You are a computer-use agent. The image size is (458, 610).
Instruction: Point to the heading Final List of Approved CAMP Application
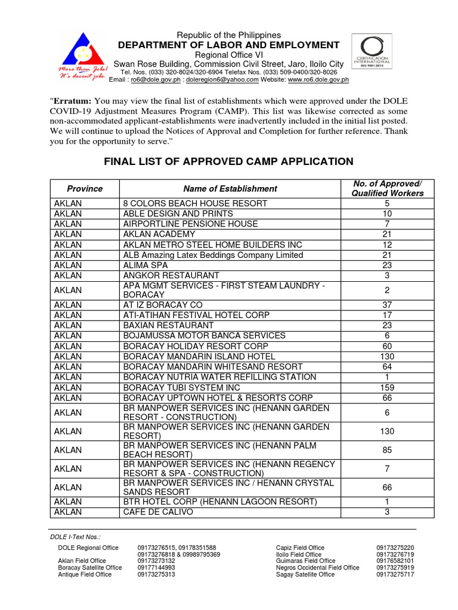pyautogui.click(x=229, y=161)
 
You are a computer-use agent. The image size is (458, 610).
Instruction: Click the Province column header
pyautogui.click(x=85, y=188)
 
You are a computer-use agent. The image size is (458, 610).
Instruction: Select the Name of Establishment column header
pyautogui.click(x=230, y=188)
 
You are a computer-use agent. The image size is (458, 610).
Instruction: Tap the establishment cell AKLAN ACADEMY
pyautogui.click(x=159, y=234)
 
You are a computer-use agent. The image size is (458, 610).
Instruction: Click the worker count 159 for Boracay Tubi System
pyautogui.click(x=387, y=387)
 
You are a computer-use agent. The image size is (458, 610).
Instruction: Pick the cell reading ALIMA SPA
pyautogui.click(x=146, y=265)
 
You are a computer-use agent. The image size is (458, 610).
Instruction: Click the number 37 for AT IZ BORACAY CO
pyautogui.click(x=387, y=304)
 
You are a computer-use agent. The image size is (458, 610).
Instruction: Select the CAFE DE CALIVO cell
pyautogui.click(x=158, y=512)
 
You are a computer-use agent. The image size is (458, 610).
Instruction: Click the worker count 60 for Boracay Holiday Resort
pyautogui.click(x=387, y=346)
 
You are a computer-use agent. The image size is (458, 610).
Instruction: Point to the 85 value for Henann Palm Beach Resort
pyautogui.click(x=387, y=450)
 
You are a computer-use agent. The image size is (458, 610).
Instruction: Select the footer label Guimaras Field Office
pyautogui.click(x=306, y=561)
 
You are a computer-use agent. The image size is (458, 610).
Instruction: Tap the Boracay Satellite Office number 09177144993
pyautogui.click(x=156, y=568)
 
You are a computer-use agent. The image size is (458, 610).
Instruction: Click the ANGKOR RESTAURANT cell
pyautogui.click(x=171, y=275)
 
